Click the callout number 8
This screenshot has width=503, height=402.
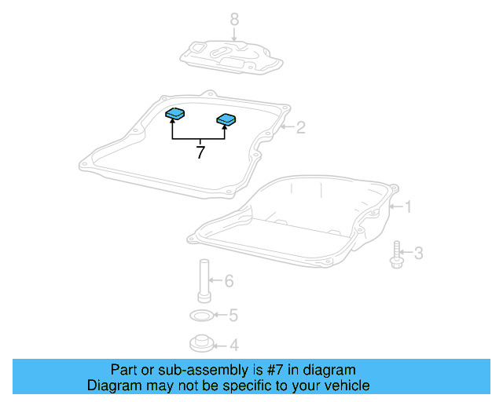coord(233,19)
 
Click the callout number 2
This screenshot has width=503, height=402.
coord(300,126)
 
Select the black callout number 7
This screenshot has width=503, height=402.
coord(200,152)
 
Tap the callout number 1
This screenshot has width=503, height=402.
coord(407,207)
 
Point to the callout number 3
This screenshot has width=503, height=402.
coord(418,253)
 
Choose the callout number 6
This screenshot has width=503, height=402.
coord(229,280)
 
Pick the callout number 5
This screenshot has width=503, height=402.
coord(233,316)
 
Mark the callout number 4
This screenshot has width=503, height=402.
coord(233,345)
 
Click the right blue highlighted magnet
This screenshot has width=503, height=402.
coord(226,120)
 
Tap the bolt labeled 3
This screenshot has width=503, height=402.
coord(396,254)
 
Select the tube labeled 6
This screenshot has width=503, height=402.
coord(204,279)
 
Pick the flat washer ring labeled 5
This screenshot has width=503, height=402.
coord(202,316)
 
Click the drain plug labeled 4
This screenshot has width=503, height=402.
coord(201,343)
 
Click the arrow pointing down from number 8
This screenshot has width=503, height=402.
coord(233,35)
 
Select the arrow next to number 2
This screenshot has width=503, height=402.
coord(287,126)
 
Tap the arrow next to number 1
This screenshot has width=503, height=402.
coord(395,207)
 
